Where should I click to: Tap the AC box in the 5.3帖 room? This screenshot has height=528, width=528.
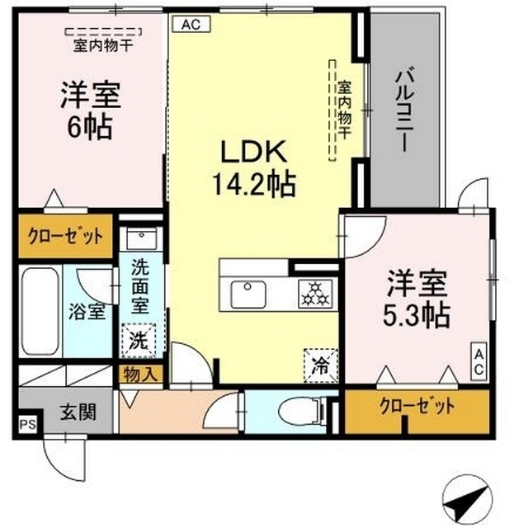click(478, 361)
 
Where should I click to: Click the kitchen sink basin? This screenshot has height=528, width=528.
click(247, 293)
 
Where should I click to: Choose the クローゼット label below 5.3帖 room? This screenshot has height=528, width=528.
click(417, 407)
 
